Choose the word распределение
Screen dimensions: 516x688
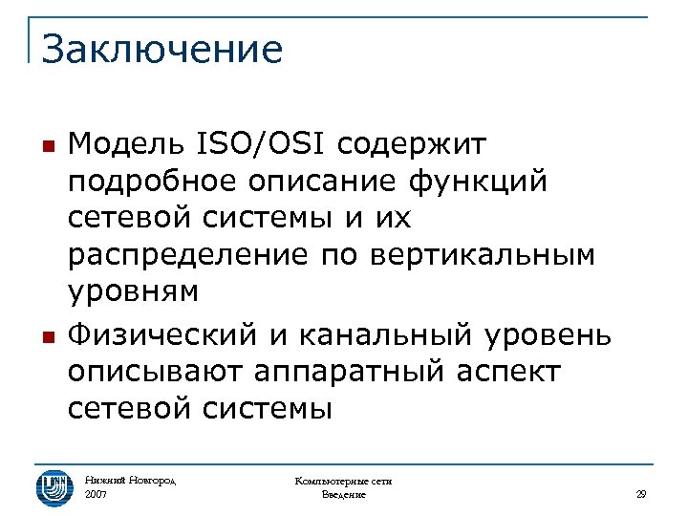pos(188,256)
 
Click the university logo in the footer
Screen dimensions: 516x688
pos(54,487)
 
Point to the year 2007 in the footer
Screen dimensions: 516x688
pos(97,495)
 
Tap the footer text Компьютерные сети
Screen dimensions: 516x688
pos(343,482)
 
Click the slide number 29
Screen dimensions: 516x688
pos(641,494)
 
